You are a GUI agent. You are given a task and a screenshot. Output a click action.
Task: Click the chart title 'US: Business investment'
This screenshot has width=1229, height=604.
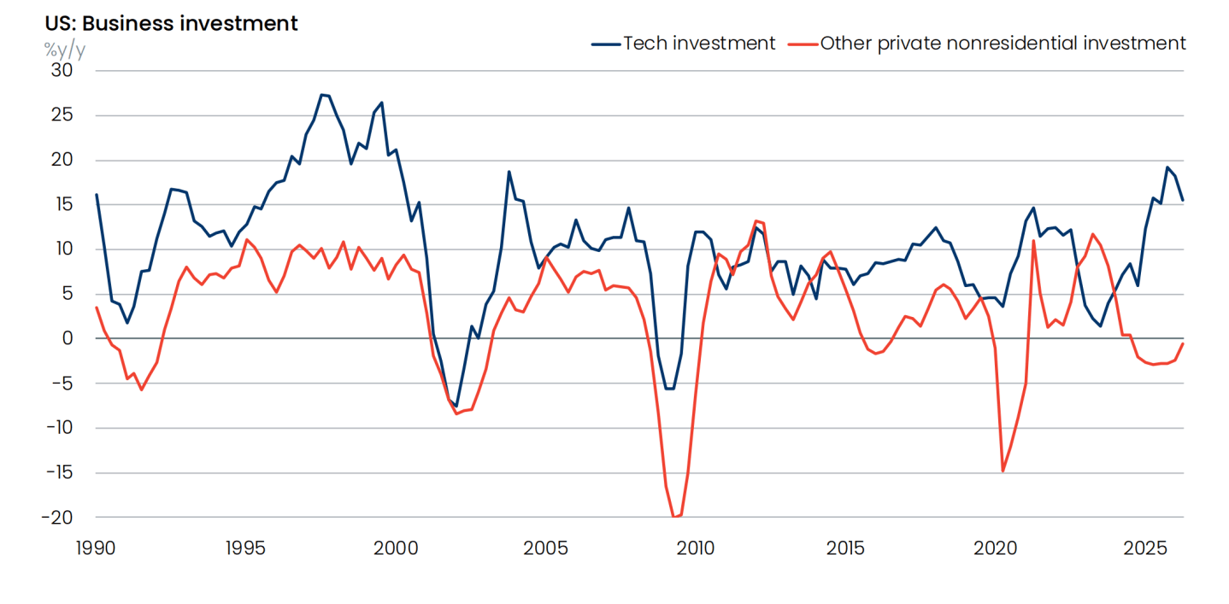point(171,24)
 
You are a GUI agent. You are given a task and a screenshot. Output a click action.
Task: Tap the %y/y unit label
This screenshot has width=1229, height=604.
point(65,50)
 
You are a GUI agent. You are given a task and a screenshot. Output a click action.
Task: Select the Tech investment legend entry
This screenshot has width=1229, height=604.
point(683,44)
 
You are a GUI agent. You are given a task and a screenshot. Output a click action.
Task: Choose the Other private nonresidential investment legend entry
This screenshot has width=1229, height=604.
point(986,44)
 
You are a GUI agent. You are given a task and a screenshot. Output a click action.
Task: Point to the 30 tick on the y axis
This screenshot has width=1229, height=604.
point(62,70)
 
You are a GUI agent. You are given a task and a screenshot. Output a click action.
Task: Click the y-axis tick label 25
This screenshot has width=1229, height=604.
point(62,114)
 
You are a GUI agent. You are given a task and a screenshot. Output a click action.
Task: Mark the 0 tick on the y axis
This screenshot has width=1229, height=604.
point(68,338)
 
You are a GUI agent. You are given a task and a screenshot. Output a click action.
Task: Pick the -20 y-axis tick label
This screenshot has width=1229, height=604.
point(57,518)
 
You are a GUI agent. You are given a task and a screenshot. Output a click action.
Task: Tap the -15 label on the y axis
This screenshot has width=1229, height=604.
point(59,472)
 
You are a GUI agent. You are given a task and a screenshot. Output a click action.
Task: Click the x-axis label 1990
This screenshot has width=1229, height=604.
point(96,548)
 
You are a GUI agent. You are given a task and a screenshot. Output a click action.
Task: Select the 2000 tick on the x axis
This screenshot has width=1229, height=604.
point(396,548)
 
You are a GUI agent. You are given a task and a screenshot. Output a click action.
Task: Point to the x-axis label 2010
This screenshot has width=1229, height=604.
point(695,548)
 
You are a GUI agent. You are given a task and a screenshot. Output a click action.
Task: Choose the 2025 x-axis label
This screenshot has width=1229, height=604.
point(1145,548)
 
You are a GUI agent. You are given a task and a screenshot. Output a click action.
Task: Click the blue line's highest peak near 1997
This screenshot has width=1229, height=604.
point(321,95)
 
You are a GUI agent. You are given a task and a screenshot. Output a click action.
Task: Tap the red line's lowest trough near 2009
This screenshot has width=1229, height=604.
point(673,517)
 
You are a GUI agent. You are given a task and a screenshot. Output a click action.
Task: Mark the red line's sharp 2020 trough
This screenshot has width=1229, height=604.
point(1003,471)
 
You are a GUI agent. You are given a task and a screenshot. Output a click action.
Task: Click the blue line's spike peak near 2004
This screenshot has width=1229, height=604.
point(509,172)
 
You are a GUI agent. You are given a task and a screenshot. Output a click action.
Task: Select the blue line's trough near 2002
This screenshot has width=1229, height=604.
point(456,406)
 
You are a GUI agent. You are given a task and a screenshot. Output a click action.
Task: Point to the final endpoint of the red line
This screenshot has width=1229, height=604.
point(1183,343)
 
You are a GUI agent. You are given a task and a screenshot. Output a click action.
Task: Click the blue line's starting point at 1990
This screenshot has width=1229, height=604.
point(97,194)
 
